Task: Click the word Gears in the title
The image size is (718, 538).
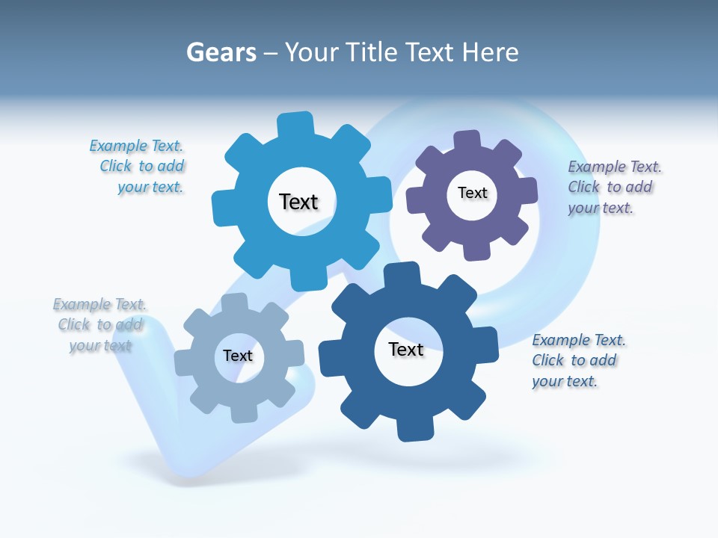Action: point(221,52)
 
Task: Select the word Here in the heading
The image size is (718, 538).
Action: point(490,52)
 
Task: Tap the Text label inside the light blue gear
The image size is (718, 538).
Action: point(298,202)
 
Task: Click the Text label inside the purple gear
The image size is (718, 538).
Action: point(472,193)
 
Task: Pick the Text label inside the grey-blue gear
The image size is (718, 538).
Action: point(238,356)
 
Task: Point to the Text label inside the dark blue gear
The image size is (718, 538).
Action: point(406,350)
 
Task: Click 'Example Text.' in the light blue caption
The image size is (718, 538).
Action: point(136,146)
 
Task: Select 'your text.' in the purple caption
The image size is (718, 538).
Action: point(601,208)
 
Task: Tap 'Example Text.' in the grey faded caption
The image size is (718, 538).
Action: point(99,304)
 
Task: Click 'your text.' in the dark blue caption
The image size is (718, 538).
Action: point(565,381)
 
